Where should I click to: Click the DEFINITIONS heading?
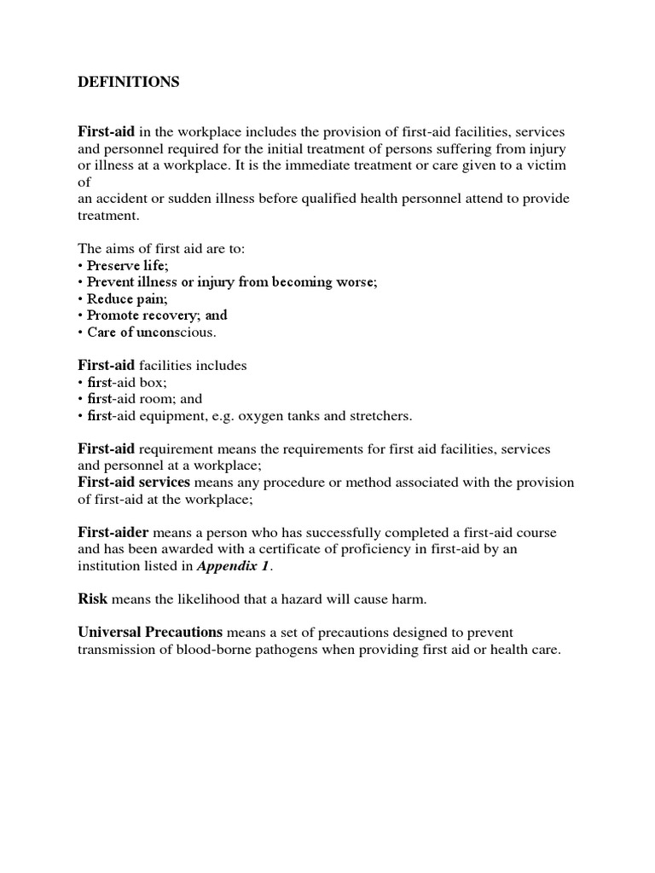(129, 82)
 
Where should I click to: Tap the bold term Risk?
(92, 599)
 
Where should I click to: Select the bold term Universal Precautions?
(150, 633)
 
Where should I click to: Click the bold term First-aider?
(113, 533)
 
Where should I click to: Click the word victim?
(542, 165)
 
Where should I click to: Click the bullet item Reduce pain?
(127, 298)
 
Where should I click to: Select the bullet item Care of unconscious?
(152, 332)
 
